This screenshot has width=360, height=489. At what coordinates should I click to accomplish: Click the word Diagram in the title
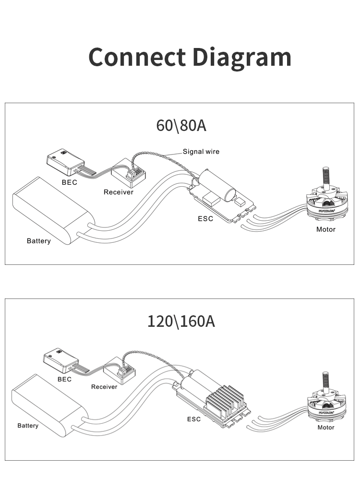241,58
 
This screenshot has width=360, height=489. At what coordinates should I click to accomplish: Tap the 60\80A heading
181,125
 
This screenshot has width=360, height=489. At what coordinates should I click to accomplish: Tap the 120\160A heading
181,321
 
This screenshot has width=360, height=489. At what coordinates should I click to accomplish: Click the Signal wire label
201,152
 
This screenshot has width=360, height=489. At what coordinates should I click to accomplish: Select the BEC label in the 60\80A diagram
69,182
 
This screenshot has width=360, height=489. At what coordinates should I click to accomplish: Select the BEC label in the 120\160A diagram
64,379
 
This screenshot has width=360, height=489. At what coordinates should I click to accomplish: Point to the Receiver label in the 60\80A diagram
119,192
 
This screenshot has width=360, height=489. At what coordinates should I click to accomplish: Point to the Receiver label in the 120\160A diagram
104,387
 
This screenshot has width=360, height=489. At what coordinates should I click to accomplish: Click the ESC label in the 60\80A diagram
205,219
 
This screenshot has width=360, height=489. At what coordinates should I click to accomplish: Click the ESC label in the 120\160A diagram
194,419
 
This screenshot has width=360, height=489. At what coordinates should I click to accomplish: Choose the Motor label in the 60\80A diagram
325,229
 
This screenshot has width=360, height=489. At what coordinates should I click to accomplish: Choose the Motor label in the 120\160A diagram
326,427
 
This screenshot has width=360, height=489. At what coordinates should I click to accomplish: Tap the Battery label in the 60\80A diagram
38,241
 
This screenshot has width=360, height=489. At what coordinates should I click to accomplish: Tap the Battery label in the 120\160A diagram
28,426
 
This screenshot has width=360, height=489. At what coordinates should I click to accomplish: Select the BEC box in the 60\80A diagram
65,160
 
